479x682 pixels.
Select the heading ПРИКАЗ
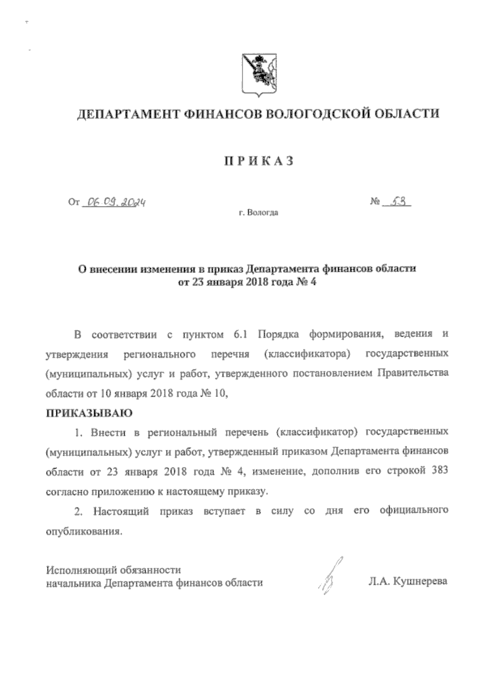[258, 161]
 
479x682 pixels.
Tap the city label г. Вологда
[258, 213]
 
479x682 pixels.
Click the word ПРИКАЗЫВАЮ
[89, 413]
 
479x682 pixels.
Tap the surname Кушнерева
[420, 581]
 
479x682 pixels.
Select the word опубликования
[83, 532]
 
